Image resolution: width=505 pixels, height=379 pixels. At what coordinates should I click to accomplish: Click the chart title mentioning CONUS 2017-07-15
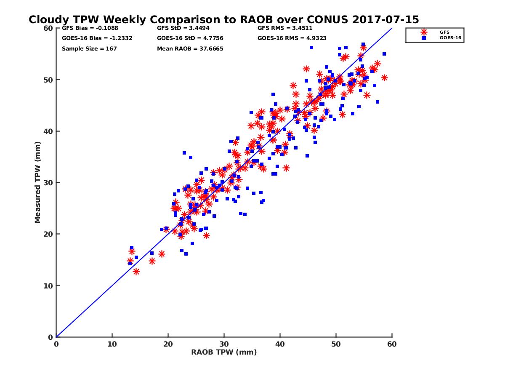[223, 20]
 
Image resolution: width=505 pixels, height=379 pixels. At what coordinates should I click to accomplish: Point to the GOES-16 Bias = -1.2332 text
[97, 38]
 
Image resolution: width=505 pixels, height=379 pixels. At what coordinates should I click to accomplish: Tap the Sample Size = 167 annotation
[89, 48]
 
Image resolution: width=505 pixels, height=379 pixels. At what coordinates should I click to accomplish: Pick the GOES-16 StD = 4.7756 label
[190, 38]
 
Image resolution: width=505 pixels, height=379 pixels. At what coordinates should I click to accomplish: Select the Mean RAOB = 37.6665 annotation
[190, 48]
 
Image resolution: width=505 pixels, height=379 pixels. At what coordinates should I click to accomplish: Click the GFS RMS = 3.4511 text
[285, 29]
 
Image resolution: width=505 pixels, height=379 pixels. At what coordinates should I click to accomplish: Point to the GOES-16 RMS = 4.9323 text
[291, 38]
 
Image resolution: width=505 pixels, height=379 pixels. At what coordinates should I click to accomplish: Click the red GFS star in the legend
[424, 32]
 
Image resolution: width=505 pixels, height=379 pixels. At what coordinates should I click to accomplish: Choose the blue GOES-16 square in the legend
[424, 38]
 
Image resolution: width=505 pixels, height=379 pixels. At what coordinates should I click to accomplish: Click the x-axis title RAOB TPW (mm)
[224, 352]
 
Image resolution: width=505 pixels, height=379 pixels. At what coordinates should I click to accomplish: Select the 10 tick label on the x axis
[112, 344]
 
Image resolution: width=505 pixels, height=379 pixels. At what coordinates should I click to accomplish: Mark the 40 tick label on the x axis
[280, 344]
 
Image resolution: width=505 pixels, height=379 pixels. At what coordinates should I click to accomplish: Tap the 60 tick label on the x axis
[392, 344]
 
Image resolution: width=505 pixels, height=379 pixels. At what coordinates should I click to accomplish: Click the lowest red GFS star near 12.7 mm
[136, 272]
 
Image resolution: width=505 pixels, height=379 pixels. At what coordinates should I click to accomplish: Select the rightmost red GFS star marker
[384, 77]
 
